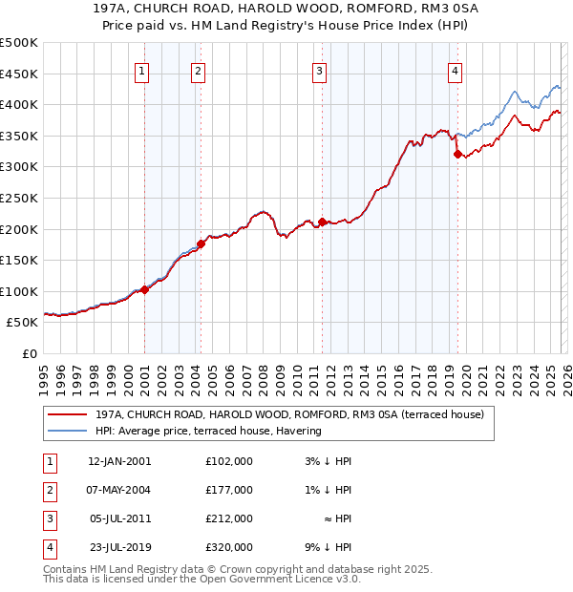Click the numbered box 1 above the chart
pyautogui.click(x=141, y=70)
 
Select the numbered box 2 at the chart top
pyautogui.click(x=197, y=70)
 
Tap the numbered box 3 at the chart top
pyautogui.click(x=319, y=70)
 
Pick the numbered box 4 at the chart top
pyautogui.click(x=456, y=70)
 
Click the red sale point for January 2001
pyautogui.click(x=144, y=289)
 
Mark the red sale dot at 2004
pyautogui.click(x=201, y=243)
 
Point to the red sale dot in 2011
pyautogui.click(x=322, y=222)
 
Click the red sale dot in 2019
pyautogui.click(x=457, y=154)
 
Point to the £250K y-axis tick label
pyautogui.click(x=19, y=198)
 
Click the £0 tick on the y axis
pyautogui.click(x=29, y=353)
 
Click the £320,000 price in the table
pyautogui.click(x=228, y=547)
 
